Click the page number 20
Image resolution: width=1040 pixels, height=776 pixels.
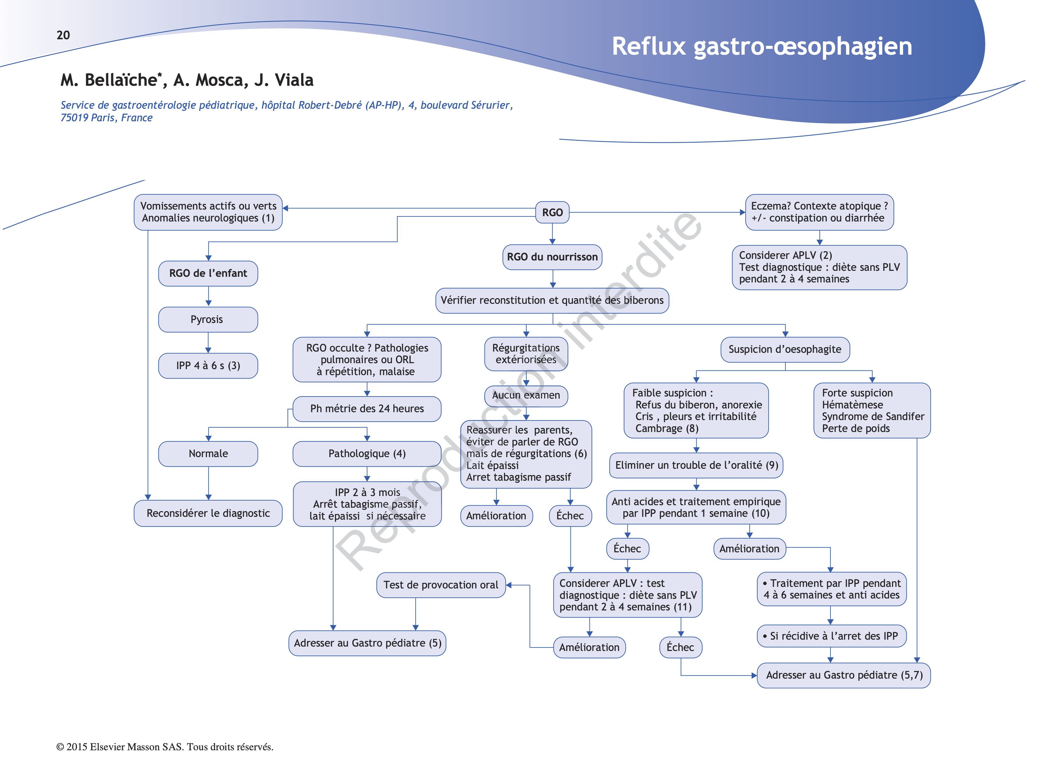63,35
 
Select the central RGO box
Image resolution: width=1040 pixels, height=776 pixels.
552,212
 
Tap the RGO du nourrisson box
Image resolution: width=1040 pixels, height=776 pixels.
552,257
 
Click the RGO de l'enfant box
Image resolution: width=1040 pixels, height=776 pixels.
208,273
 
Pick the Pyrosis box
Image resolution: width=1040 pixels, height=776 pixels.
208,320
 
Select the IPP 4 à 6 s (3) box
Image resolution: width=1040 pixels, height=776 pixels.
208,365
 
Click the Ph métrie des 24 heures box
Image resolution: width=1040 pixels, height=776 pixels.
367,409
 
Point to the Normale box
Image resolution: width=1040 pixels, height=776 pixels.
208,454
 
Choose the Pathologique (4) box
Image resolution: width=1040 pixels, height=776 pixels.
367,454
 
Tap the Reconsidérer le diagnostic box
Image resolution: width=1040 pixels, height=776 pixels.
208,513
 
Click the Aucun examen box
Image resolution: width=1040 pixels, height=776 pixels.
526,396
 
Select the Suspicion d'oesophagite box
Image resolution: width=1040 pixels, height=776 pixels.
785,349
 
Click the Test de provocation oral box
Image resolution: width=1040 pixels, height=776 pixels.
441,585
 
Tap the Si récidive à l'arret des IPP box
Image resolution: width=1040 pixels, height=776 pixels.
831,636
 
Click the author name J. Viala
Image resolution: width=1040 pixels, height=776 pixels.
284,80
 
